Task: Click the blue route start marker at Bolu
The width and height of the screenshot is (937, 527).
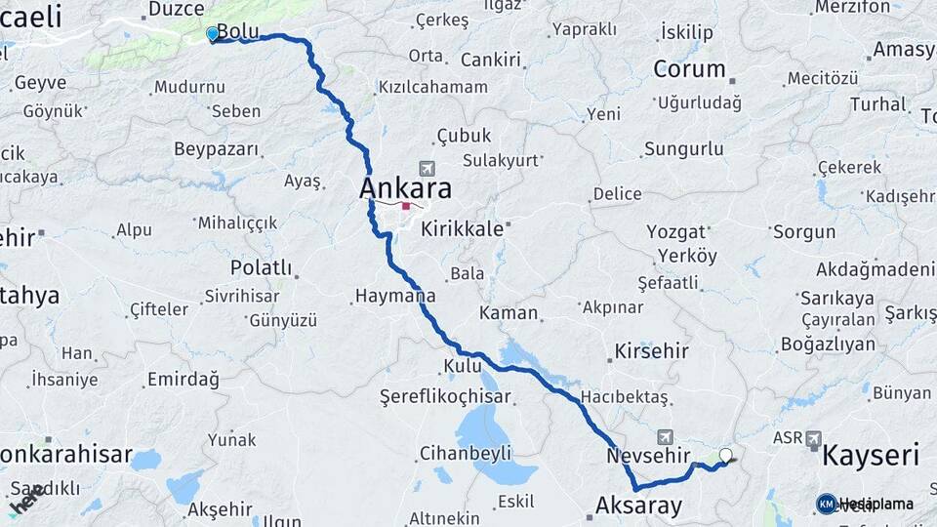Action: point(213,34)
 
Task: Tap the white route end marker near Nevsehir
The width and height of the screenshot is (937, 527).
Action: point(725,455)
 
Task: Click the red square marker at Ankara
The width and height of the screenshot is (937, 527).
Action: point(406,207)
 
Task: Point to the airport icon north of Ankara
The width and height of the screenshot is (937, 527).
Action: point(426,168)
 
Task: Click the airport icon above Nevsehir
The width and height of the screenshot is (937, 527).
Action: point(666,437)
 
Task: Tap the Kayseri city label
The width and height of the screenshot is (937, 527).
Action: point(871,455)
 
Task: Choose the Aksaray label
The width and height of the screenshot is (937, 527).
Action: point(638,504)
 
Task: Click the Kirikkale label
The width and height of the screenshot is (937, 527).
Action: point(463,229)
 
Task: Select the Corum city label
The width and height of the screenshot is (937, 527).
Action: point(689,69)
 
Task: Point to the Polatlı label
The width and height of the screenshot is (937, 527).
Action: point(261,267)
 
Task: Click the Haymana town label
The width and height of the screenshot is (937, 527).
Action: point(394,295)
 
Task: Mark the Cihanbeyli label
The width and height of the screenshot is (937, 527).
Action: point(465,453)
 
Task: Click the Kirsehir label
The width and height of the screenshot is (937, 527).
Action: point(651,351)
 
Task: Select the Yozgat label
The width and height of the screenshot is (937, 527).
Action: point(676,232)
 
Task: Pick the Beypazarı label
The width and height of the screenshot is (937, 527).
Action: point(217,149)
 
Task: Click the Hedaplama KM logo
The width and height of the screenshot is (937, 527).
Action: point(827,504)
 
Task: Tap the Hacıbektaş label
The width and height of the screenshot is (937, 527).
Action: point(625,397)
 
